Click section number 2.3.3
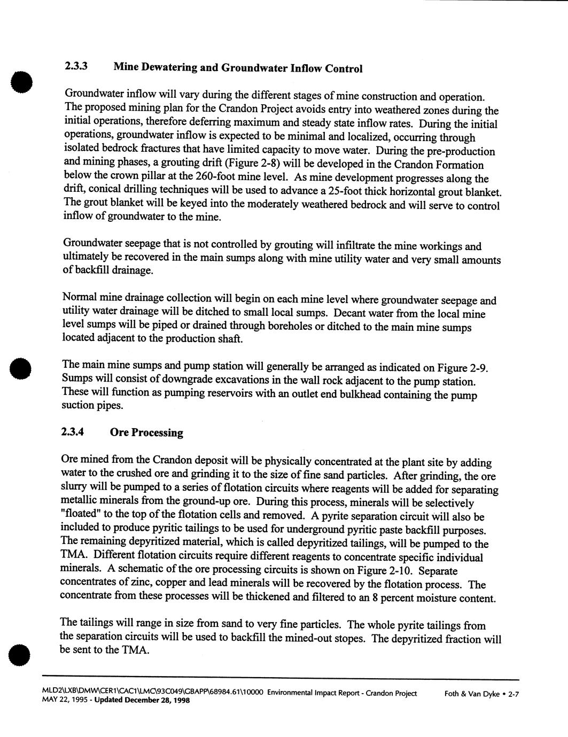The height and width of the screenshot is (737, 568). pos(76,66)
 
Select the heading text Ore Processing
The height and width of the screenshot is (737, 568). pos(146,432)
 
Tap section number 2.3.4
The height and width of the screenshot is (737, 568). pos(73,431)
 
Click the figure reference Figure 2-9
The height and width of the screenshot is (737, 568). pos(462,368)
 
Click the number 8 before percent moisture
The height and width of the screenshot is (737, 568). pos(376,598)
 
